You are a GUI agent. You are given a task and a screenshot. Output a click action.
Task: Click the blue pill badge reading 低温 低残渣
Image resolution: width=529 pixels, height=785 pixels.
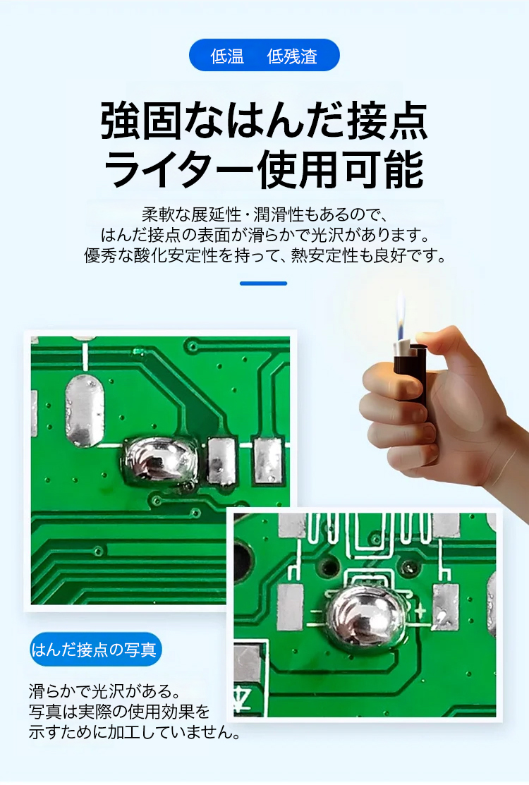click(264, 56)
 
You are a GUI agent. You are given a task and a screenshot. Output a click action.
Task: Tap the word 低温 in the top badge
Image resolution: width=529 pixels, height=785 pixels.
click(227, 56)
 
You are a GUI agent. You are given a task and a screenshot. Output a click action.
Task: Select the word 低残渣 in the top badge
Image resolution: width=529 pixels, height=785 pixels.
click(292, 56)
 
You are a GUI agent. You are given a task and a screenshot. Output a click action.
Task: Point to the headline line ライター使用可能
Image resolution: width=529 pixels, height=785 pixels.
click(264, 170)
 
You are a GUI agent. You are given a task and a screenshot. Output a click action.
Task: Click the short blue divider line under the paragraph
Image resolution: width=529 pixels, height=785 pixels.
click(263, 284)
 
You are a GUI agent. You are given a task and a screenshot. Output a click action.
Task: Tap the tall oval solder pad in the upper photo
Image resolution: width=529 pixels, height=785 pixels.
click(85, 410)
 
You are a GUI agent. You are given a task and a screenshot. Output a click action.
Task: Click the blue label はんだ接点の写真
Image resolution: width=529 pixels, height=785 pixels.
click(95, 650)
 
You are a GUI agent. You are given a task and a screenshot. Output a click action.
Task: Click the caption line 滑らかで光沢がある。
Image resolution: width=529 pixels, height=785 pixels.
click(104, 691)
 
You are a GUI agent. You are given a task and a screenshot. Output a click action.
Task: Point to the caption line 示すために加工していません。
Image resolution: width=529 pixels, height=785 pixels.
click(134, 732)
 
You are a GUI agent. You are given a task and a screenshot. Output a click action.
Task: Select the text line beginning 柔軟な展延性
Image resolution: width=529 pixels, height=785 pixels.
click(264, 214)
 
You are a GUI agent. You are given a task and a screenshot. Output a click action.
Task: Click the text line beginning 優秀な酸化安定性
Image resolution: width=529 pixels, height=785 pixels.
click(264, 255)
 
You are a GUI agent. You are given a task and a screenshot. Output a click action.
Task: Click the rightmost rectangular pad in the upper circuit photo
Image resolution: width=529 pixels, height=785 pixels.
click(268, 461)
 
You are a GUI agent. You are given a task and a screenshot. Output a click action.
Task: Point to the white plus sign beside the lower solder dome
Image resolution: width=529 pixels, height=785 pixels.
click(420, 610)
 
